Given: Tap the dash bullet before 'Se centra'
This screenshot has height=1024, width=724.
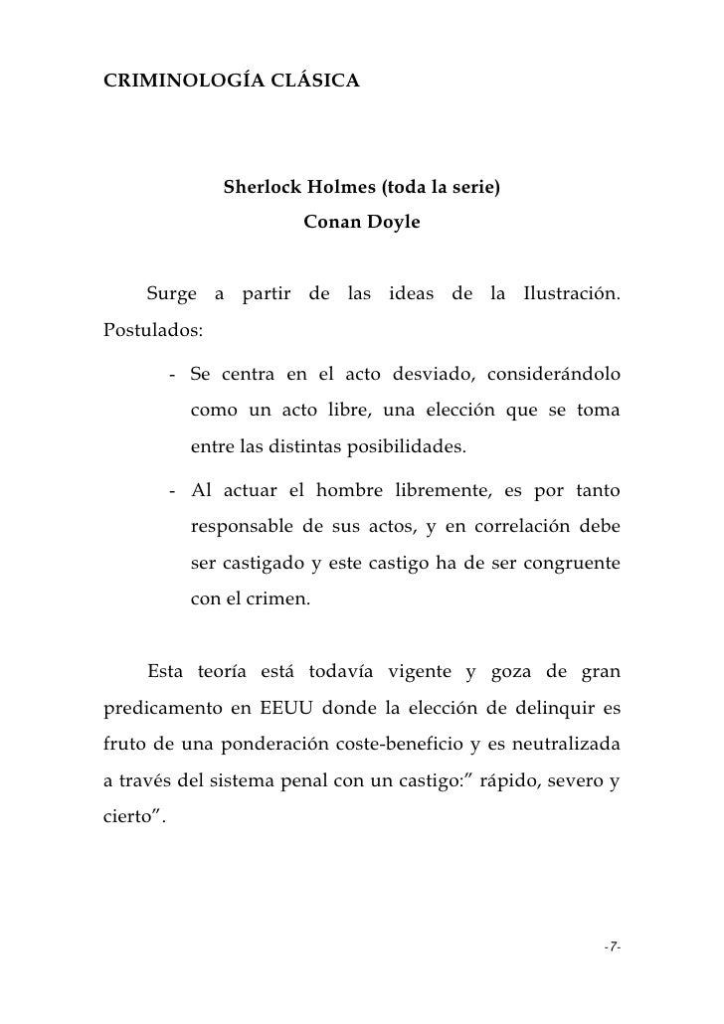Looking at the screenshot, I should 174,376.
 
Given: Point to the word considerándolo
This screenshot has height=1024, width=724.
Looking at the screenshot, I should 555,376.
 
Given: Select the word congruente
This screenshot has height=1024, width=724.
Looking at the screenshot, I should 570,564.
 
